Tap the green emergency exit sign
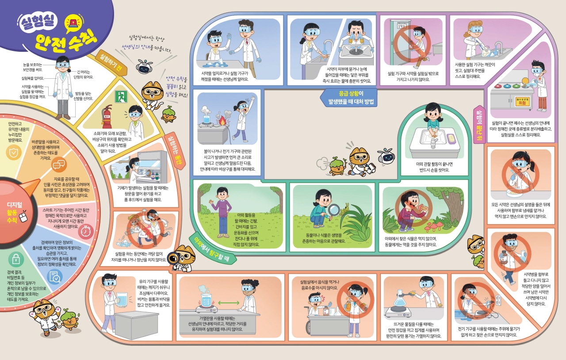[x=121, y=96]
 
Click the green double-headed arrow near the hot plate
[x=228, y=302]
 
